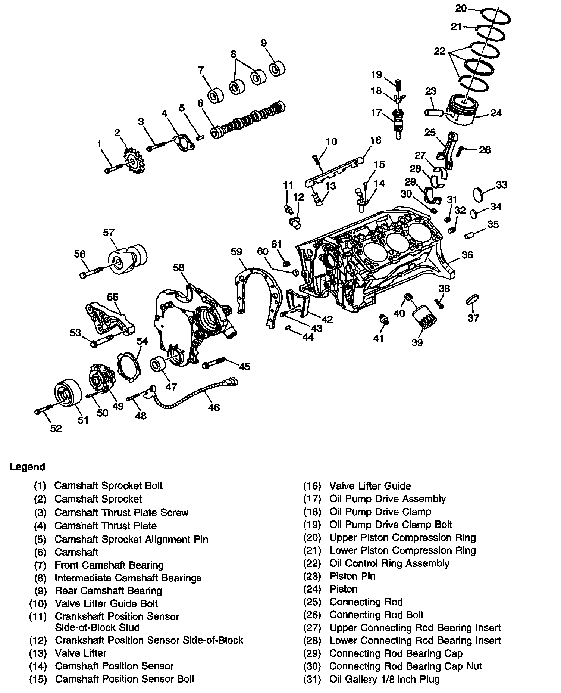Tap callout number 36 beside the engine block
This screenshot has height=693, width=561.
click(x=467, y=255)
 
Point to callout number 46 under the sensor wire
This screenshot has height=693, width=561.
click(x=214, y=407)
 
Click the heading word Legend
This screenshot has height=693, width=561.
click(x=28, y=467)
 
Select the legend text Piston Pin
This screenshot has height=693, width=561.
click(x=352, y=576)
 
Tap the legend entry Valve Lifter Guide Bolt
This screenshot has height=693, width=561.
click(x=106, y=603)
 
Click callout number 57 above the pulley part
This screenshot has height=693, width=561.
click(x=108, y=233)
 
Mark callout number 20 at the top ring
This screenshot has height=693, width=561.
click(x=461, y=8)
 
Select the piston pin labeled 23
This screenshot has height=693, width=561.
click(x=434, y=112)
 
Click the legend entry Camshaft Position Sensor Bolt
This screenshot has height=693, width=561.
click(x=125, y=679)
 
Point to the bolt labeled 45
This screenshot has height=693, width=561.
click(x=213, y=363)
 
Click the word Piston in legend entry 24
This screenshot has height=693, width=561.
click(x=343, y=589)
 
